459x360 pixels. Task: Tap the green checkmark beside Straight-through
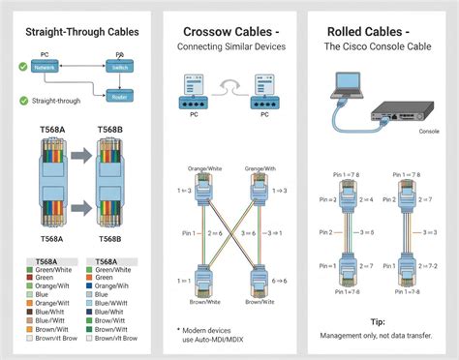(23, 101)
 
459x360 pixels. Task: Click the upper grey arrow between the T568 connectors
(82, 156)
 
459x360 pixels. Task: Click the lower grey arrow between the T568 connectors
(82, 206)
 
